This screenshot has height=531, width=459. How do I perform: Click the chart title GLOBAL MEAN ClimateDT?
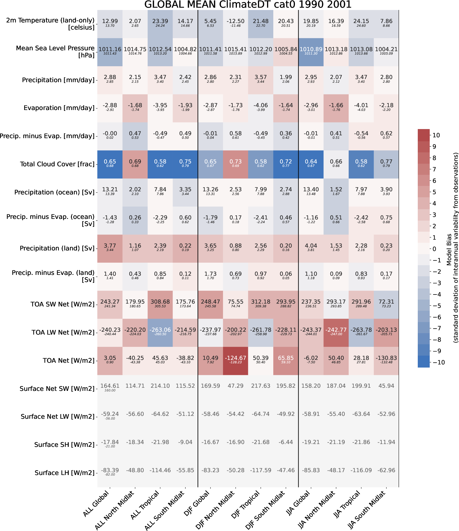tap(248, 5)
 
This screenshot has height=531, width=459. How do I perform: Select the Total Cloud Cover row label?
tap(57, 164)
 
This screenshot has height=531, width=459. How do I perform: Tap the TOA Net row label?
tap(69, 361)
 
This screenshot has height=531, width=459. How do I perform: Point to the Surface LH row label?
tap(65, 473)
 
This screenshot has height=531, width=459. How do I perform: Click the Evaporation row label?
tap(59, 108)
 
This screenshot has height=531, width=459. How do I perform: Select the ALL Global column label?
tap(96, 504)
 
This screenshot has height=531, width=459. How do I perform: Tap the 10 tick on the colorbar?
tap(436, 136)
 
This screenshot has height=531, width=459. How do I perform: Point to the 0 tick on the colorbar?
tap(434, 249)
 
